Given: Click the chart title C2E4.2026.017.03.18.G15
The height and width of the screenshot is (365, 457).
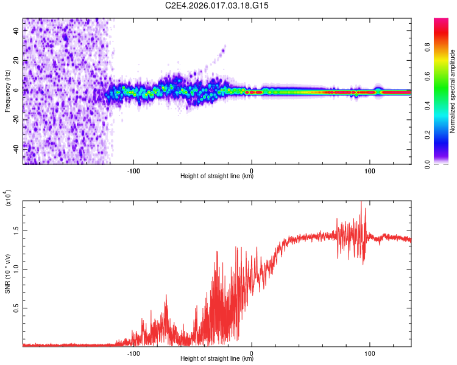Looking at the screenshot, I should (217, 5).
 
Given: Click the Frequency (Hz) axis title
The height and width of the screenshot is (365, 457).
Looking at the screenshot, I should (7, 91).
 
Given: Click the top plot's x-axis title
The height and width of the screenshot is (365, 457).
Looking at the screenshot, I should (217, 176).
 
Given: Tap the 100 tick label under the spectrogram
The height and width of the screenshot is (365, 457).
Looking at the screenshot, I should (369, 170).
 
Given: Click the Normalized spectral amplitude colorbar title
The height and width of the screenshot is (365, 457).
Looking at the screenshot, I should (453, 91).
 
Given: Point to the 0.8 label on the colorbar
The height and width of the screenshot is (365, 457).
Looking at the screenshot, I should (443, 47).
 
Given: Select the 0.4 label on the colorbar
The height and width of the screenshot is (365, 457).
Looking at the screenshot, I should (443, 106).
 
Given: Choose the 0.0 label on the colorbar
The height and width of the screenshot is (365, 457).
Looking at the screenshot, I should (443, 164).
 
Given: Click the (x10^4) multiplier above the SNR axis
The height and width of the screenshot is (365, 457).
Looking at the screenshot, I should (9, 198).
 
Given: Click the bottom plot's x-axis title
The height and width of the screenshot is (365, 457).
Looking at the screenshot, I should (217, 359).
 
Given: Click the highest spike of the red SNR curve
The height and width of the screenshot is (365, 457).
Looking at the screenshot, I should (361, 203).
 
